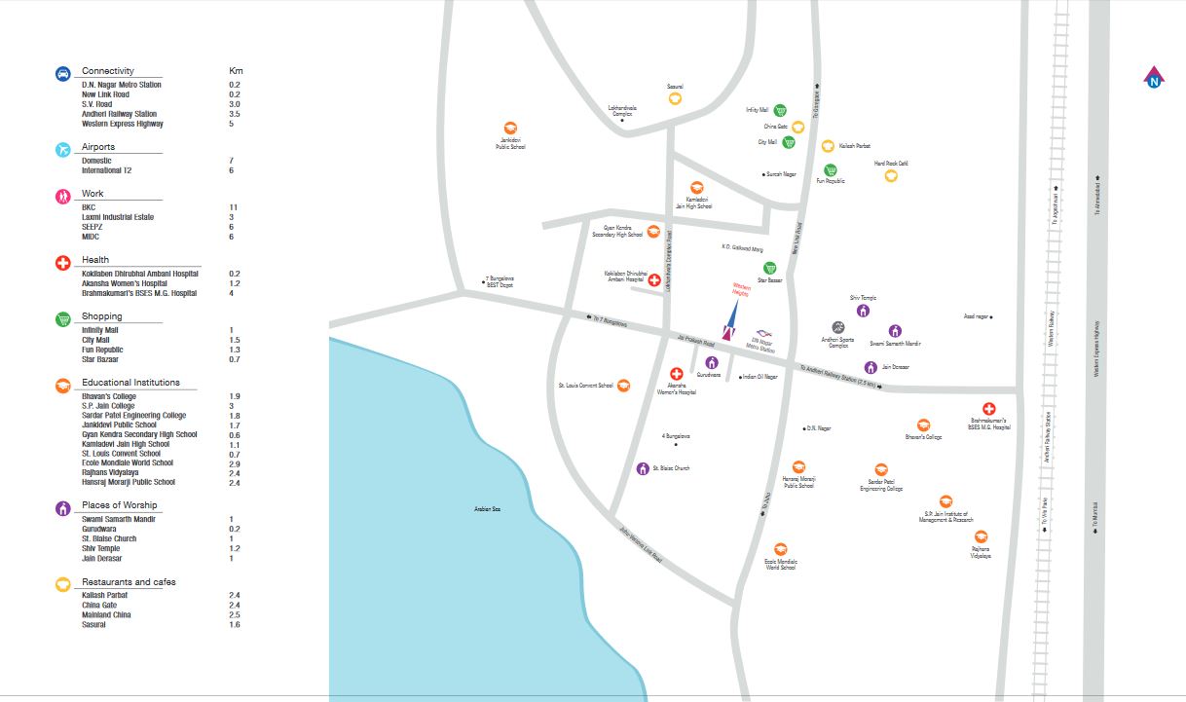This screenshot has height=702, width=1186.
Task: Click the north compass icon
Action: click(x=1154, y=78)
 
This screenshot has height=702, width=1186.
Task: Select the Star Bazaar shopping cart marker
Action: click(x=770, y=268)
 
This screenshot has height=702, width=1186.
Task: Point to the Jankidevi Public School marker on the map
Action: click(x=509, y=129)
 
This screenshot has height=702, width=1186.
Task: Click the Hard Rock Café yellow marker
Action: click(x=890, y=175)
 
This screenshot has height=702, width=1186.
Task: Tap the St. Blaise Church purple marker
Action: click(x=643, y=468)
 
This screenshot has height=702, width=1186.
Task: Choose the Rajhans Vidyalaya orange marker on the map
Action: click(x=981, y=537)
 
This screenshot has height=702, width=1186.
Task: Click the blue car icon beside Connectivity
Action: click(x=62, y=73)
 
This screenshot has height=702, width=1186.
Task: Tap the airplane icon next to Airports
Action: click(x=62, y=149)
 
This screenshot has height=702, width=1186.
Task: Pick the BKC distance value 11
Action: click(x=234, y=207)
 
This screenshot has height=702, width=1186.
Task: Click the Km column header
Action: click(x=236, y=71)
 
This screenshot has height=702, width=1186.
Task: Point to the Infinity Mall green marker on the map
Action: click(x=781, y=110)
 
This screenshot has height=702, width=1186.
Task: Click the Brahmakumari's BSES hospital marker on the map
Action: click(x=988, y=409)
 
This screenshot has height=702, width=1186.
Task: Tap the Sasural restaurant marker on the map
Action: click(x=675, y=97)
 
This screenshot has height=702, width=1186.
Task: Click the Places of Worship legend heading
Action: click(x=119, y=505)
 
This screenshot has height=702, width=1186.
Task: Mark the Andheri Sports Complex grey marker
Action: click(x=837, y=328)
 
